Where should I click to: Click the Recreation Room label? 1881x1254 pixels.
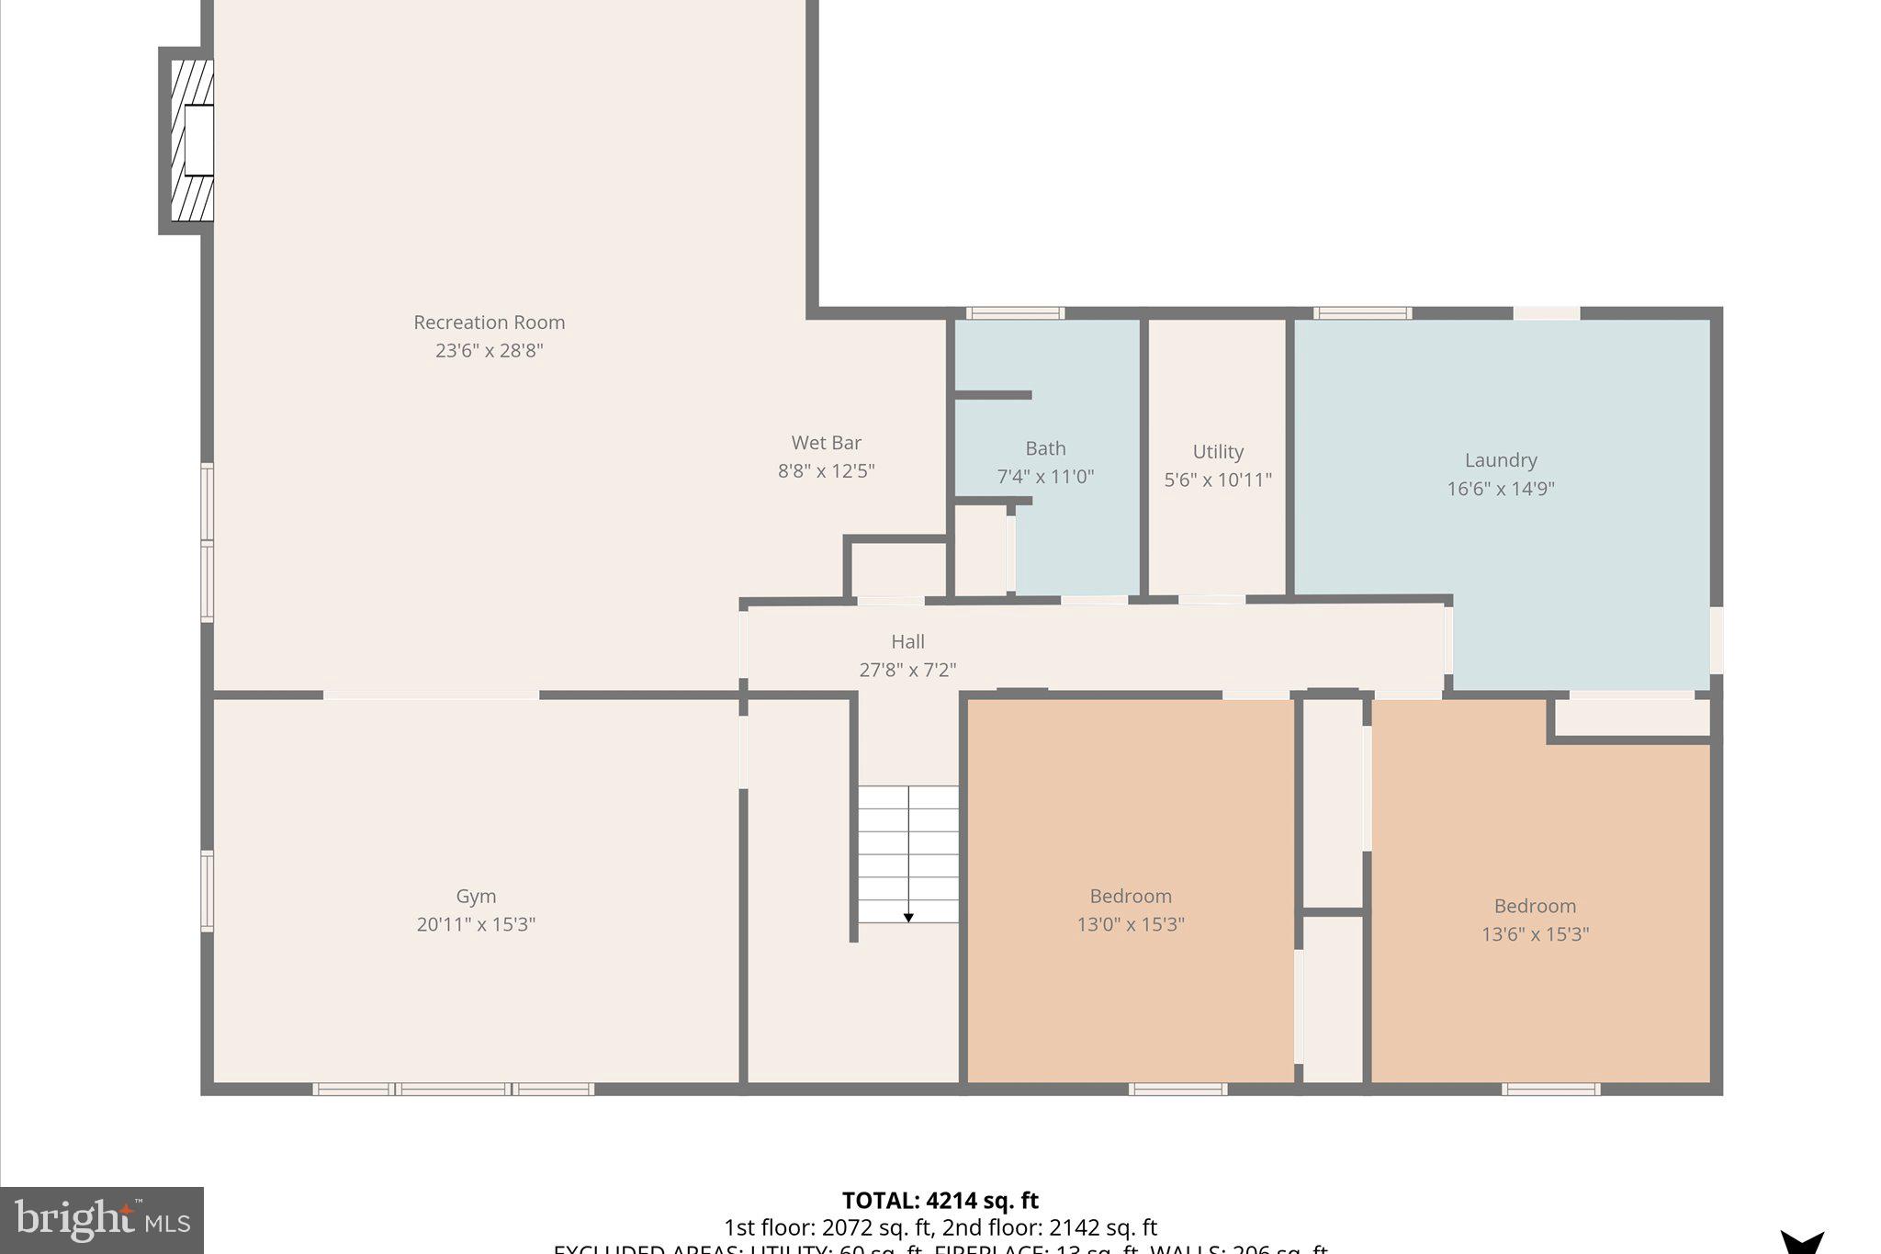pos(489,322)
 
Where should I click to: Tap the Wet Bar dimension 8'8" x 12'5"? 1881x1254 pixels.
pos(826,471)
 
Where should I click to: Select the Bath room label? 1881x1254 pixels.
pos(1045,448)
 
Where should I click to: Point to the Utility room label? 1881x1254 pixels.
pos(1218,451)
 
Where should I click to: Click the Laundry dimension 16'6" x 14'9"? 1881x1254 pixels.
pos(1500,489)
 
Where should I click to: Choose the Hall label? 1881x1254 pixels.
pos(907,641)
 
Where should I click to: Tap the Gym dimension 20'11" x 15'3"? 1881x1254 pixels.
pos(476,924)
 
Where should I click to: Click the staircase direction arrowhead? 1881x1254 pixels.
pos(908,917)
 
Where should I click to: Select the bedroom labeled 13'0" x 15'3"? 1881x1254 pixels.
pos(1131,909)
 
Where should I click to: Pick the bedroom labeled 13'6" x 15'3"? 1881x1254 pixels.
pos(1535,920)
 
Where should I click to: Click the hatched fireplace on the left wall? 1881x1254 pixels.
pos(192,141)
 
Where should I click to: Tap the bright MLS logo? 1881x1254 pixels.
pos(102,1220)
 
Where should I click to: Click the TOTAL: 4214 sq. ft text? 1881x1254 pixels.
pos(940,1201)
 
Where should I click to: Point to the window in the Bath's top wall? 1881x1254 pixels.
pos(1015,313)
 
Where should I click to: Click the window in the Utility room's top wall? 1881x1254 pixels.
pos(1362,313)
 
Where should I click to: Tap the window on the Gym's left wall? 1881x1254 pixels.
pos(208,891)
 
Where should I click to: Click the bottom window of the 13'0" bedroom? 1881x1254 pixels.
pos(1177,1090)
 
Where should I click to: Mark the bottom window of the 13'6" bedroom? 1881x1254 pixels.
pos(1550,1090)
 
